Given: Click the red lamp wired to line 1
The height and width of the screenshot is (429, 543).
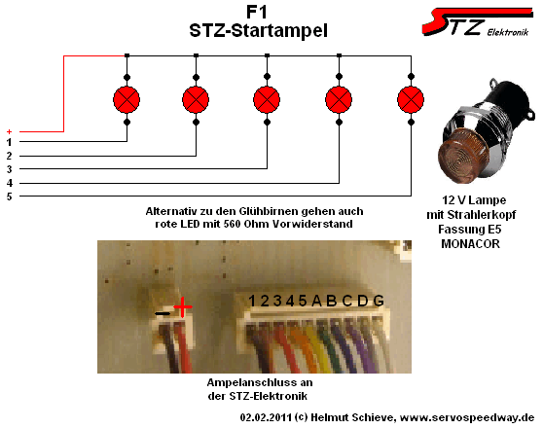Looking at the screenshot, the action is (127, 100).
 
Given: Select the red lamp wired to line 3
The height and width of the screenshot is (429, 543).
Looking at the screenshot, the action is (267, 100).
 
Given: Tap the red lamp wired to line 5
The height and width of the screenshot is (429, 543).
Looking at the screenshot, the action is (411, 100).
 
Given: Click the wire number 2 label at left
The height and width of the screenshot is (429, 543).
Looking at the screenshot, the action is (10, 156).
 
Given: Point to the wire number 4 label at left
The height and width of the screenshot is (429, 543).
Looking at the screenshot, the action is (10, 183).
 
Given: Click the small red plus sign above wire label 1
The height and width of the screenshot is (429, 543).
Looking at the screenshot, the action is (10, 131).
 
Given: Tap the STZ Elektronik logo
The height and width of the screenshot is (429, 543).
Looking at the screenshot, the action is (477, 21).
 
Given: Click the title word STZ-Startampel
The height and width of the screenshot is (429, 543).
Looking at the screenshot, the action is (258, 30).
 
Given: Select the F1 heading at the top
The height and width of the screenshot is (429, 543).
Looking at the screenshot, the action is (257, 13).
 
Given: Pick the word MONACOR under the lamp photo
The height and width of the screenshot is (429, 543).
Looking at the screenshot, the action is (470, 244).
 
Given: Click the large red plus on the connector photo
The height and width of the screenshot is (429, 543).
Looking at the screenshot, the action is (183, 306).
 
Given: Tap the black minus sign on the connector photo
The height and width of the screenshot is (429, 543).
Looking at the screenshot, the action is (163, 313).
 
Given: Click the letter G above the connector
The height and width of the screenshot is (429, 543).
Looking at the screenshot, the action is (379, 301).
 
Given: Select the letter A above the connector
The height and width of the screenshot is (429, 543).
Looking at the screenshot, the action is (316, 301).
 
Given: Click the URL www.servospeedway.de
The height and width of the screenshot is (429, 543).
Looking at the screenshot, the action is (467, 417).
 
